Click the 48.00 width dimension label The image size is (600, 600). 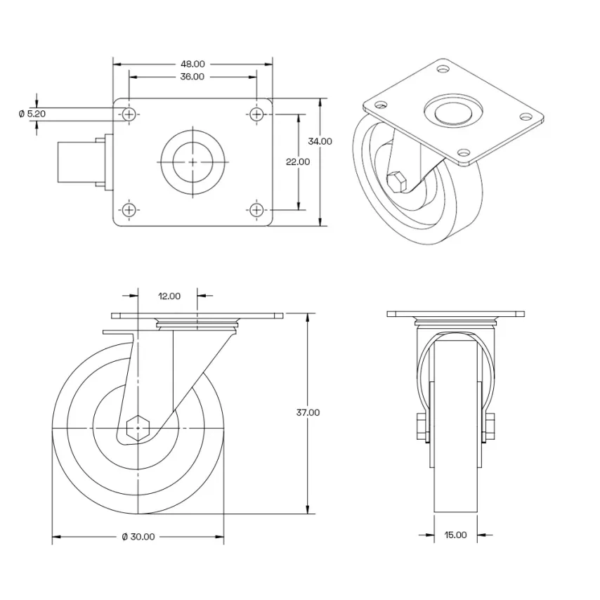click(193, 64)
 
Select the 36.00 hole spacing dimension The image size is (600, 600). click(193, 77)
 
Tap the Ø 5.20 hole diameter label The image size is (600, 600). click(32, 113)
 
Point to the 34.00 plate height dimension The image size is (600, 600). click(320, 141)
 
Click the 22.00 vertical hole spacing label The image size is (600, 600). click(298, 162)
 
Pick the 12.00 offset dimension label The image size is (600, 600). click(169, 296)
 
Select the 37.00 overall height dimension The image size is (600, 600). click(308, 412)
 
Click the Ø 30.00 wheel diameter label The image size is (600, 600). click(138, 537)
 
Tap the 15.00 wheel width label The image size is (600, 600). click(455, 535)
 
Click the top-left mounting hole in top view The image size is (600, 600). click(129, 113)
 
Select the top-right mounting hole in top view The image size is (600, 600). click(257, 113)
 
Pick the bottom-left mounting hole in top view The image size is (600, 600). click(129, 209)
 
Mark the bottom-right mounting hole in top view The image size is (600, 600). click(257, 209)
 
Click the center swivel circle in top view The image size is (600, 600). click(193, 161)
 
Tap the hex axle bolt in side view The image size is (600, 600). click(139, 426)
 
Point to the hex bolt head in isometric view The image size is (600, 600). click(397, 181)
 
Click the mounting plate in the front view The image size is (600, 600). click(456, 313)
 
